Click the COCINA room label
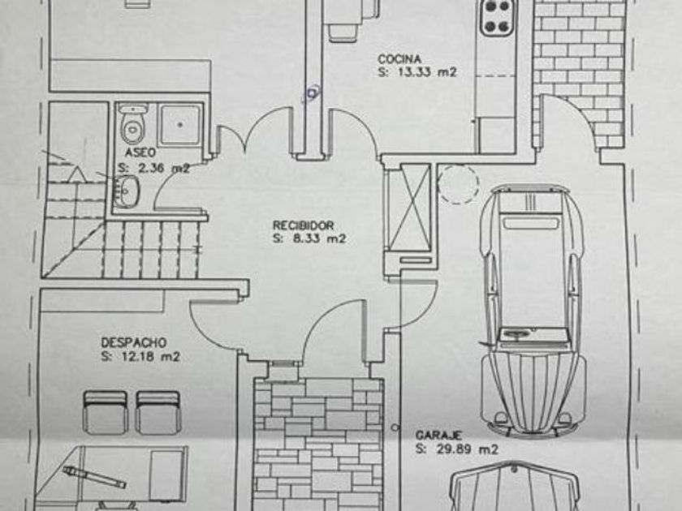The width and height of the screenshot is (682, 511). click(399, 59)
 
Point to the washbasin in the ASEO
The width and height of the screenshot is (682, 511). click(127, 191)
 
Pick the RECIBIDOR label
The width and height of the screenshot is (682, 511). click(303, 225)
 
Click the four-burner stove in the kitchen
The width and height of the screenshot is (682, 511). click(498, 17)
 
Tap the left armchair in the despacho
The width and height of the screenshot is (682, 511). click(106, 411)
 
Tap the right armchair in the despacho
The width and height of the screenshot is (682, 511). click(158, 411)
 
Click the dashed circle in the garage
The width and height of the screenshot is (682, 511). click(459, 184)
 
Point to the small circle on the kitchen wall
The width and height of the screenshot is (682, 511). click(311, 94)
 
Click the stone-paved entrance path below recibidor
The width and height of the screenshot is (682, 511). click(317, 442)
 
